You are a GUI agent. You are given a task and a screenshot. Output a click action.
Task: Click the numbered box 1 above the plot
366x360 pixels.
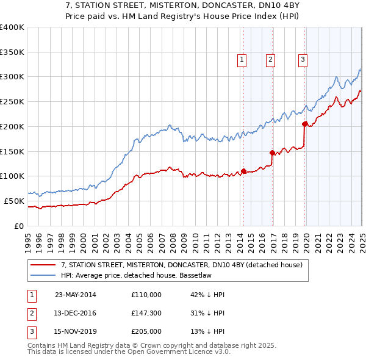click(242, 60)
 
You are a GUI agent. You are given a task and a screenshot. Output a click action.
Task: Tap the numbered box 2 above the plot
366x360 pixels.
click(270, 60)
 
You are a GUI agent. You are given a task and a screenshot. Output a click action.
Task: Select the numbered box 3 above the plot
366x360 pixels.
click(303, 60)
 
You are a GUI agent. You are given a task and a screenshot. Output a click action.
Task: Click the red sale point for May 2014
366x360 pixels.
click(243, 171)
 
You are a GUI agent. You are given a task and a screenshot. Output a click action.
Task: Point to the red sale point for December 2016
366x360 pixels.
click(272, 153)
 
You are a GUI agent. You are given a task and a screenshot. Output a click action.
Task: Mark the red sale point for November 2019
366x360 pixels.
click(304, 124)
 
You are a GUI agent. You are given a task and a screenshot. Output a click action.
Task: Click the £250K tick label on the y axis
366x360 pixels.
click(12, 101)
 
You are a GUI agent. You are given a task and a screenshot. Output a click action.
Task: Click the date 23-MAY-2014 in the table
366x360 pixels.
click(76, 295)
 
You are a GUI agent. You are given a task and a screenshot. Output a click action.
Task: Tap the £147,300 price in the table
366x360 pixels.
click(146, 313)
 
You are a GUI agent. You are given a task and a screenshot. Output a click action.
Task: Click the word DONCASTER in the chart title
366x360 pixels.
click(217, 7)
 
